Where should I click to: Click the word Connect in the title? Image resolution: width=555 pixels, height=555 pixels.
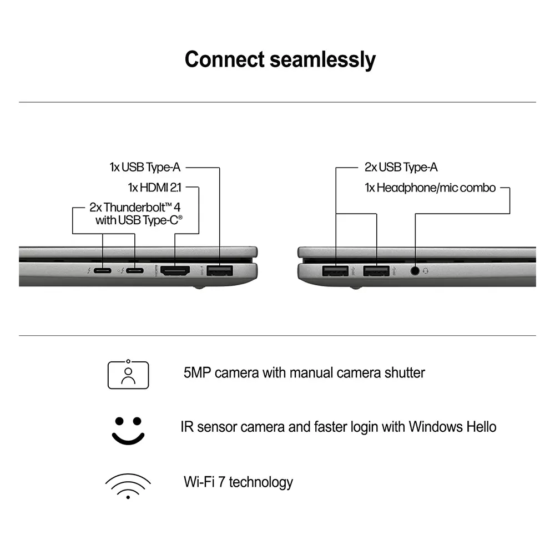click(x=224, y=59)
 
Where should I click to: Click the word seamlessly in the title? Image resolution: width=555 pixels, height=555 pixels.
click(x=322, y=59)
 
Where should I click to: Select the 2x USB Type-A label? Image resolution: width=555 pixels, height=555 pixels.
click(x=401, y=167)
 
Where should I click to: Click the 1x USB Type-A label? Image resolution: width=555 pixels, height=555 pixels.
click(x=145, y=167)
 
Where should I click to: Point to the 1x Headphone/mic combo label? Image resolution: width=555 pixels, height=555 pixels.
click(x=430, y=188)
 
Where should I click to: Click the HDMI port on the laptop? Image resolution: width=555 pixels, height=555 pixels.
click(x=175, y=271)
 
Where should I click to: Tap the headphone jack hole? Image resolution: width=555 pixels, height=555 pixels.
click(x=415, y=271)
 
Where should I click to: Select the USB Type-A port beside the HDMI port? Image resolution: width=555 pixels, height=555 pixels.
click(x=220, y=271)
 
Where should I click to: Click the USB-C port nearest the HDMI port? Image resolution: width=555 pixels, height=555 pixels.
click(x=134, y=271)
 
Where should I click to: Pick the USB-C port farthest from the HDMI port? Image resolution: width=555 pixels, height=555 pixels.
click(x=103, y=271)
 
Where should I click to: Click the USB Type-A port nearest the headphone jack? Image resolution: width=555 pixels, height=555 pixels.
click(x=376, y=271)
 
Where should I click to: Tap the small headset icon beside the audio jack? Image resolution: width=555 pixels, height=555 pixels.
click(x=426, y=271)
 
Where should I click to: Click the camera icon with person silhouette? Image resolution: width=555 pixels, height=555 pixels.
click(x=128, y=374)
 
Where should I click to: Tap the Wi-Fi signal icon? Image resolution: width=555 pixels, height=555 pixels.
click(x=128, y=486)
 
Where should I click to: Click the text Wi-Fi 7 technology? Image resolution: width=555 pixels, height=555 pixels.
click(x=238, y=482)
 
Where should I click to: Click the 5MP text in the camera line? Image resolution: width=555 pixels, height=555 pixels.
click(x=197, y=372)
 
